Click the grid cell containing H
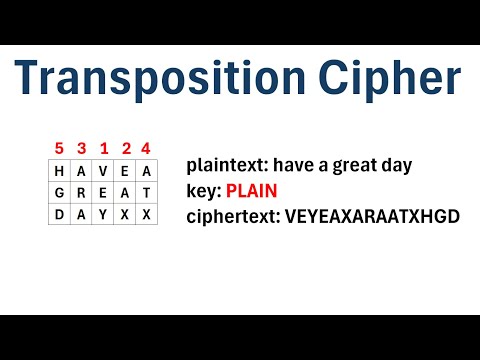pyautogui.click(x=59, y=171)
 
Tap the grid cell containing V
pyautogui.click(x=103, y=171)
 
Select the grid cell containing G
pyautogui.click(x=59, y=193)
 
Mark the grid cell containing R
pyautogui.click(x=81, y=193)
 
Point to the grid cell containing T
pyautogui.click(x=147, y=193)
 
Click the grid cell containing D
pyautogui.click(x=59, y=215)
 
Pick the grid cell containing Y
pyautogui.click(x=103, y=215)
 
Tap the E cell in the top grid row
pyautogui.click(x=125, y=171)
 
